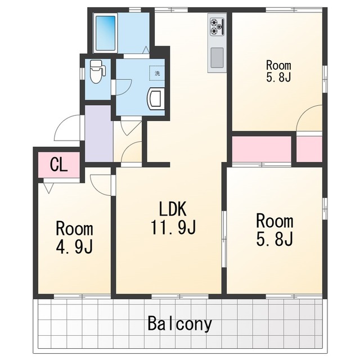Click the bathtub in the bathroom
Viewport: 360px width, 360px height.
tap(105, 33)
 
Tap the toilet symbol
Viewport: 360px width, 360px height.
tap(97, 71)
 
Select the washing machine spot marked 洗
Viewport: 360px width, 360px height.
tap(157, 73)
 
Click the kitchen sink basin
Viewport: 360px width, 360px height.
tap(217, 57)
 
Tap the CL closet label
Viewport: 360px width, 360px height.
tap(59, 164)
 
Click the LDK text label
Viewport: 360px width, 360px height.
tap(173, 209)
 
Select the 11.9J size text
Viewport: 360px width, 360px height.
tap(173, 227)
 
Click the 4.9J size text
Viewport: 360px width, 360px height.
tap(74, 247)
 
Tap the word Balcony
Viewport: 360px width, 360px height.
tap(179, 323)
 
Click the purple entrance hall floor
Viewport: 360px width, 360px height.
tap(99, 133)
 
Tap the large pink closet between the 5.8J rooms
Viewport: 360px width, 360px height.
tap(262, 149)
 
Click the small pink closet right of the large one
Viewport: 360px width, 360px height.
tap(309, 149)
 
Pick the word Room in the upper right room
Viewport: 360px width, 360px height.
tap(278, 65)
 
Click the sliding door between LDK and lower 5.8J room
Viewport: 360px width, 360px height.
tap(224, 239)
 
